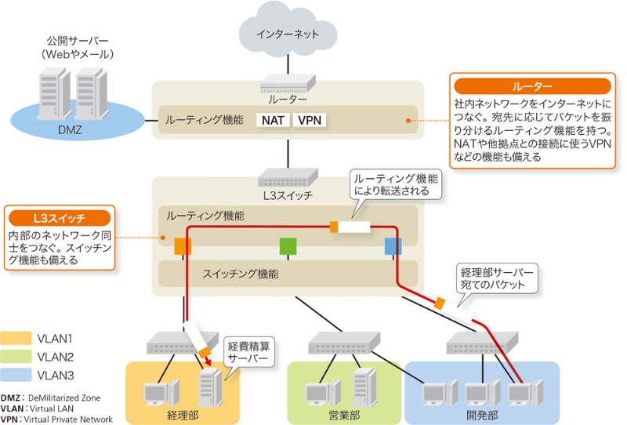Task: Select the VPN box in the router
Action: click(x=309, y=121)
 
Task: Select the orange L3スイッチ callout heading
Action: click(x=60, y=216)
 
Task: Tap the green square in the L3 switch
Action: click(x=288, y=246)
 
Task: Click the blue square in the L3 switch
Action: click(x=393, y=246)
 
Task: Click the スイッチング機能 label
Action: click(x=240, y=274)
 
